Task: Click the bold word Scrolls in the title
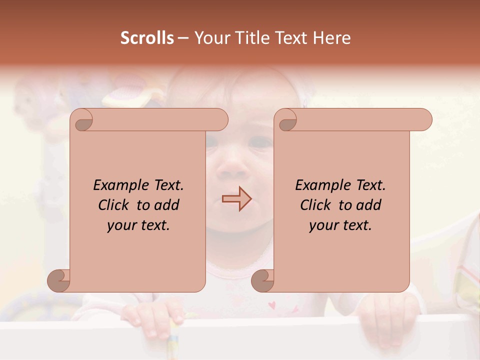(x=147, y=38)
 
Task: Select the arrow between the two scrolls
(x=236, y=199)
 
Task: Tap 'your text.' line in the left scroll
(x=138, y=225)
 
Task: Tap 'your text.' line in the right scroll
(x=340, y=225)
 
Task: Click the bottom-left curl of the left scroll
(x=58, y=281)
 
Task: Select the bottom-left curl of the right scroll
(x=262, y=281)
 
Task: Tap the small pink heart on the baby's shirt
(x=272, y=304)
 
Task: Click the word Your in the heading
(x=210, y=38)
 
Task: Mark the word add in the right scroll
(x=368, y=205)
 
